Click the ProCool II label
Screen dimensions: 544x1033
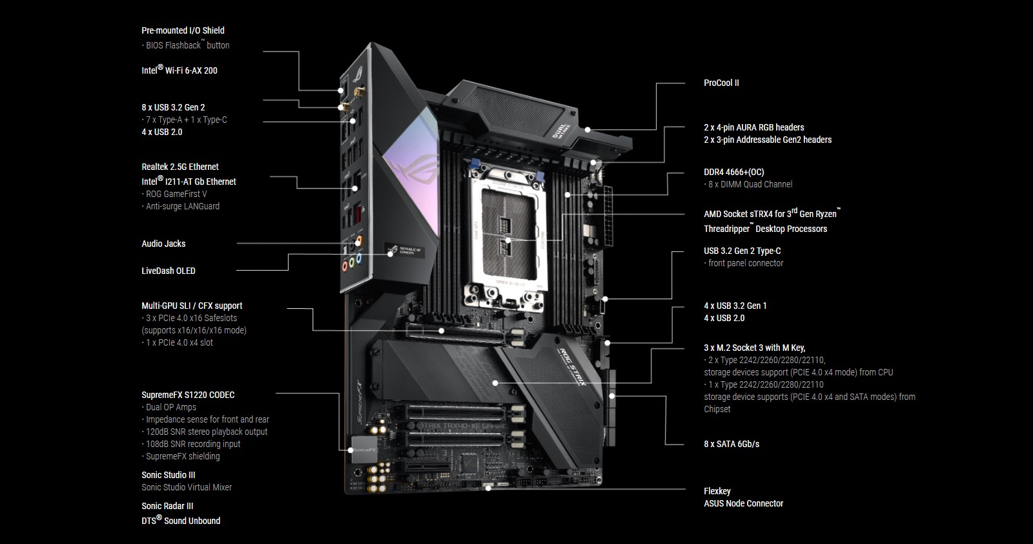click(721, 83)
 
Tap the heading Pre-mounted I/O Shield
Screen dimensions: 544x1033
click(183, 30)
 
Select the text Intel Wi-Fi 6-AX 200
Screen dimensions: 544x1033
click(179, 70)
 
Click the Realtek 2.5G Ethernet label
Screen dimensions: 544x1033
click(180, 167)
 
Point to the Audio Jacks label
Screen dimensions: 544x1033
click(163, 244)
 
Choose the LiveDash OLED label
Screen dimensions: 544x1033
click(168, 271)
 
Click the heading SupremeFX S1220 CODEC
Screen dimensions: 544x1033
click(188, 395)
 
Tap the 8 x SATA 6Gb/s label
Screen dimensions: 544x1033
click(731, 444)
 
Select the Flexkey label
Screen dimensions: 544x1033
click(717, 491)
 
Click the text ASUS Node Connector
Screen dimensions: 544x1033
click(743, 503)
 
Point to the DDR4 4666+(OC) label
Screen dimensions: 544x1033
click(733, 172)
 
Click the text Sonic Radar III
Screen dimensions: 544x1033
click(167, 506)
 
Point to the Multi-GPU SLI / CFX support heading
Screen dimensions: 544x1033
click(192, 306)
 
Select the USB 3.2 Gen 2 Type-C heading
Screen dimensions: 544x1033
click(742, 251)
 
